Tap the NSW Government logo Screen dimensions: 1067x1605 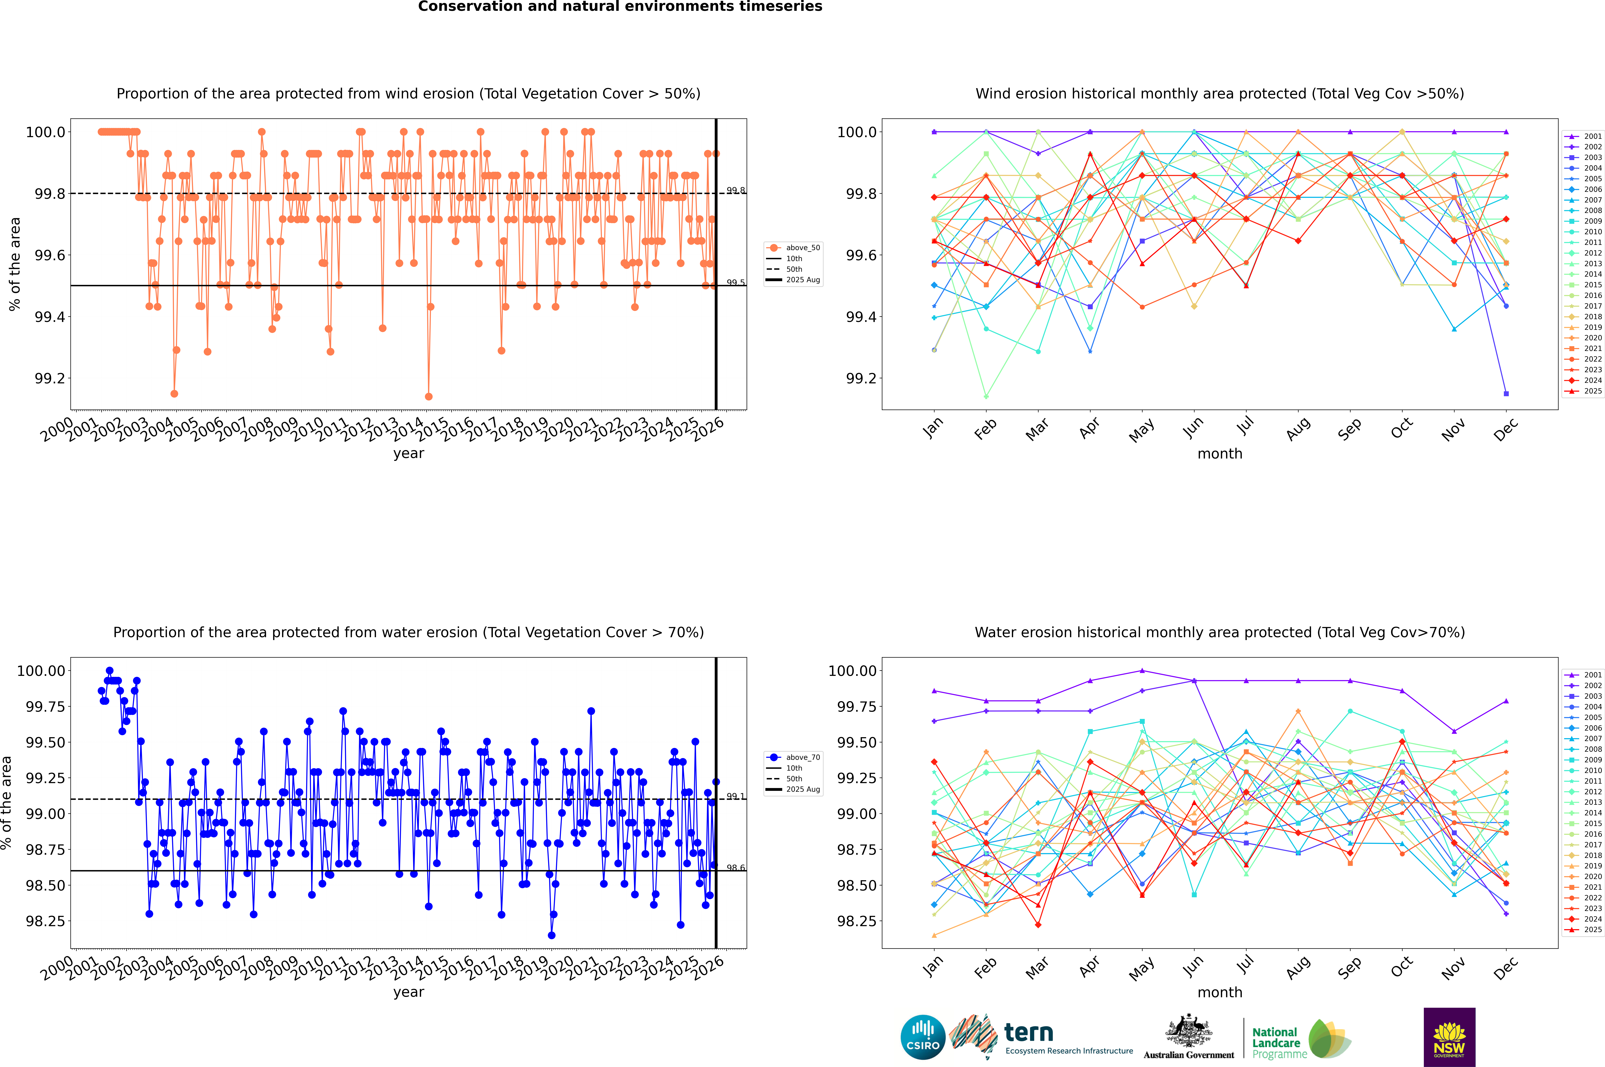[x=1449, y=1037]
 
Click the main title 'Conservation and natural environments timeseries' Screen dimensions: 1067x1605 [x=620, y=7]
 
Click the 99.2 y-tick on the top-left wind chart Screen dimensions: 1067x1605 [x=50, y=378]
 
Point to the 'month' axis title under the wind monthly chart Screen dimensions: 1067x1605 [x=1219, y=454]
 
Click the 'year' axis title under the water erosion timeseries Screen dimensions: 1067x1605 [x=408, y=992]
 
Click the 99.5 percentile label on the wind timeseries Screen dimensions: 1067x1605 [x=735, y=282]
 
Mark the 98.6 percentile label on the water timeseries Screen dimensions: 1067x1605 [x=735, y=868]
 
